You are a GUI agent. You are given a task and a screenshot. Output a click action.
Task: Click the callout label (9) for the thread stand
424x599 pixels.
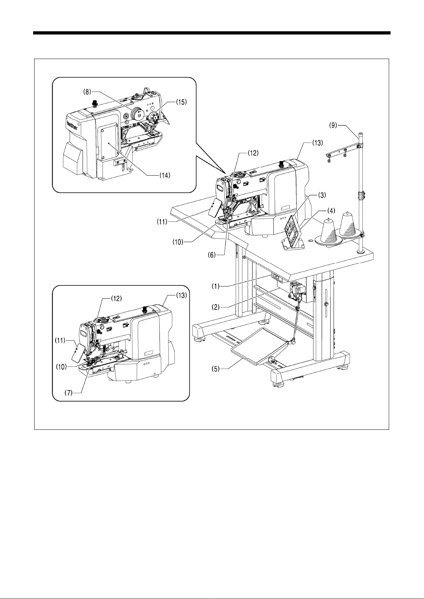tap(333, 125)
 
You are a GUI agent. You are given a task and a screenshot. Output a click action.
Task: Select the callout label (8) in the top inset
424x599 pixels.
tap(87, 92)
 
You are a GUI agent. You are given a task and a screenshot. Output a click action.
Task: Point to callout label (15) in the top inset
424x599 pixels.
tap(181, 102)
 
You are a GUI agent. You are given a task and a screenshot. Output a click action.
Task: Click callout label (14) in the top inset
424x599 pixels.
tap(164, 175)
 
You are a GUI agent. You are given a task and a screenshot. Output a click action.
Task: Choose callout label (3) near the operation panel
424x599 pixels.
tap(321, 195)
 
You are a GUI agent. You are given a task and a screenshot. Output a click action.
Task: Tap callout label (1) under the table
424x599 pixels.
tap(215, 287)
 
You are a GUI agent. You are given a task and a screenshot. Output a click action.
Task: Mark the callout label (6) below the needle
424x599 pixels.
tap(211, 255)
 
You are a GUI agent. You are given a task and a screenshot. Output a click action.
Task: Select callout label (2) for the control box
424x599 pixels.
tap(216, 307)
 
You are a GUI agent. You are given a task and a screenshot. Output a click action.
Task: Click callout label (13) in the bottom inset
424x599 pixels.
tap(181, 295)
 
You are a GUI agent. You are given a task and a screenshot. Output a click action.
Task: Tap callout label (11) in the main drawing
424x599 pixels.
tap(162, 222)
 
